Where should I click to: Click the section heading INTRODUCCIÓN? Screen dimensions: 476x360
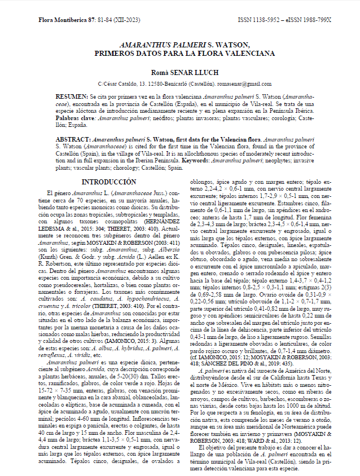[x=109, y=182]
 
